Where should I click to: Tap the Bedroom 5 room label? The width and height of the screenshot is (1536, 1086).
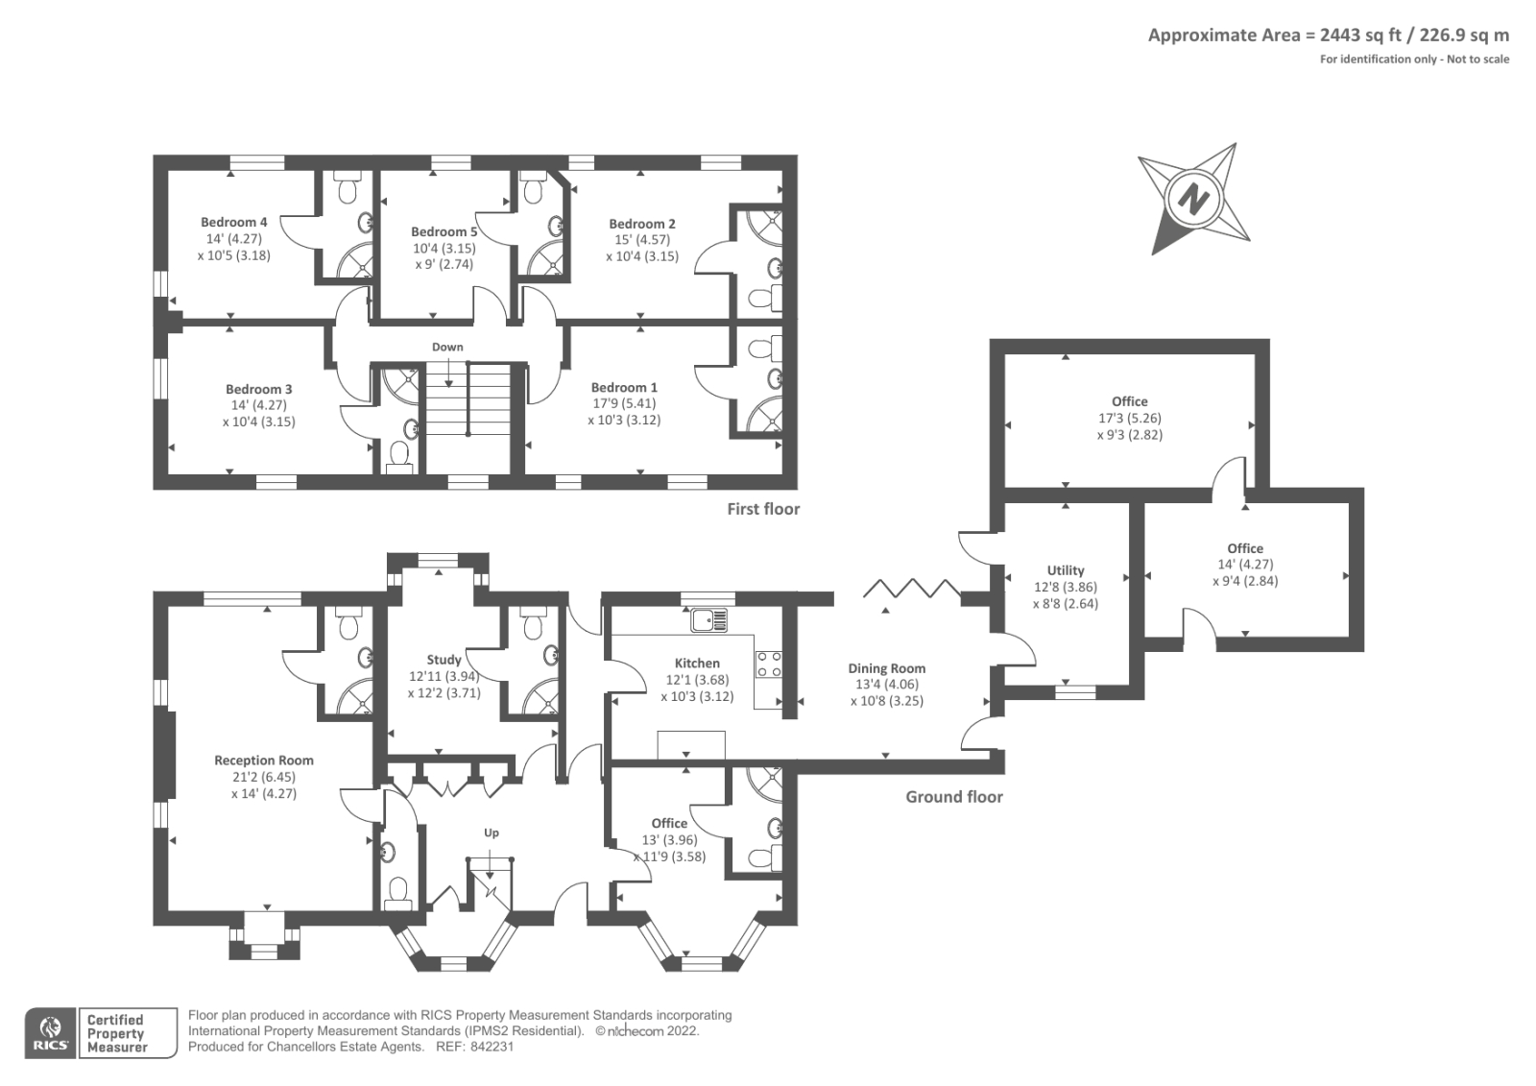[444, 231]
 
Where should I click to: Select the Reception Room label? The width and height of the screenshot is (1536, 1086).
[264, 760]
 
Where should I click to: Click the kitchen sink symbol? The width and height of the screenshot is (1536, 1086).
[709, 620]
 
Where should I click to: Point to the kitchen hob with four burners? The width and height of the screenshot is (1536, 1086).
[768, 664]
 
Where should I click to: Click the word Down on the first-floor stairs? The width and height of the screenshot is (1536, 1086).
[447, 348]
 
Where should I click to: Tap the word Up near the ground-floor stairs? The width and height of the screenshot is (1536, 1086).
[491, 833]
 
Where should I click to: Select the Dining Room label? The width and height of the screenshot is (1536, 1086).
[887, 668]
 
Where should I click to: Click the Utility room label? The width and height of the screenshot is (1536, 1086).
[1066, 570]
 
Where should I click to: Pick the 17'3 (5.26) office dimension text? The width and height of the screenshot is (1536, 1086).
[1130, 418]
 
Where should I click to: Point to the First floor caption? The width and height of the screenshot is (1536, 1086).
[763, 509]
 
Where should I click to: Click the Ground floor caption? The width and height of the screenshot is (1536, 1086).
[954, 796]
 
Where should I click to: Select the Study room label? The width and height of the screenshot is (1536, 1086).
[444, 660]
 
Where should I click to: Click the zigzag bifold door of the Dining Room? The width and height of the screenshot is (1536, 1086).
[911, 588]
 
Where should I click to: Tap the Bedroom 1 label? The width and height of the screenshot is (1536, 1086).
[624, 388]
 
